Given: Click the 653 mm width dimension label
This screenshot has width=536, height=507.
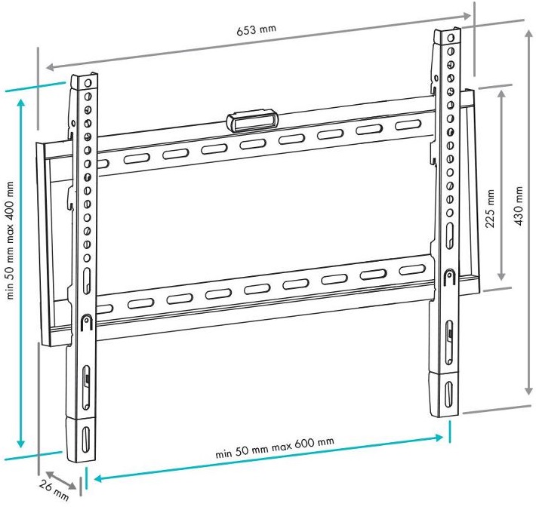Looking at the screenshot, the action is pyautogui.click(x=256, y=29).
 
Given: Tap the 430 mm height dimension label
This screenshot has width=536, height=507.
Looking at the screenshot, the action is pyautogui.click(x=519, y=206).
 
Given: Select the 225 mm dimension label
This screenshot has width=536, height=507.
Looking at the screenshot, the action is pyautogui.click(x=491, y=208).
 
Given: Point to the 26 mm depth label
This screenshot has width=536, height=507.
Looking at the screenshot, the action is pyautogui.click(x=54, y=490).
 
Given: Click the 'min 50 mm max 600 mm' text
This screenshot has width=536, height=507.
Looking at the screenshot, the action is pyautogui.click(x=275, y=447).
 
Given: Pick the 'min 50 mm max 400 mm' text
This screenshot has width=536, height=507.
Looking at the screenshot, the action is pyautogui.click(x=11, y=240).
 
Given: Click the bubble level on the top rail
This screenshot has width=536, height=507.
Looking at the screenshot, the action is pyautogui.click(x=252, y=120).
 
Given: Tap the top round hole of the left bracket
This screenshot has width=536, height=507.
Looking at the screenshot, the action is pyautogui.click(x=88, y=83).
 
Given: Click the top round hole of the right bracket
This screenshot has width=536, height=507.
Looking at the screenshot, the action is pyautogui.click(x=451, y=37).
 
